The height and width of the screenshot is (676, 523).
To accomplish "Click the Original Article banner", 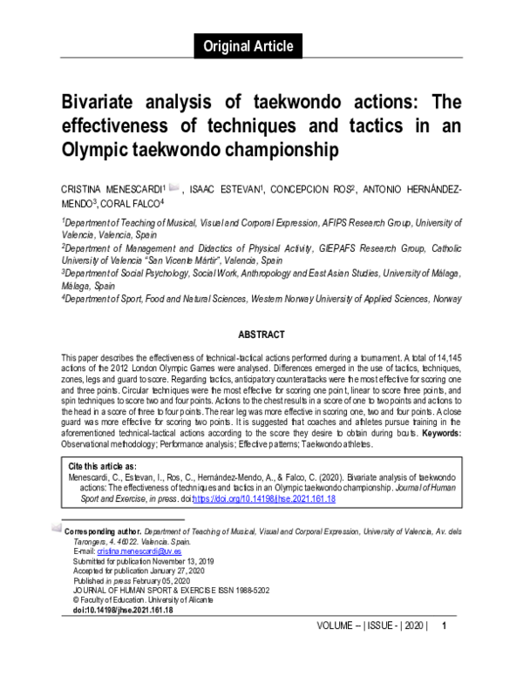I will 248,46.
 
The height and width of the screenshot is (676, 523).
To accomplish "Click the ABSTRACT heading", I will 261,335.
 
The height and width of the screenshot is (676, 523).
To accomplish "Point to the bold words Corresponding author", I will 103,530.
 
